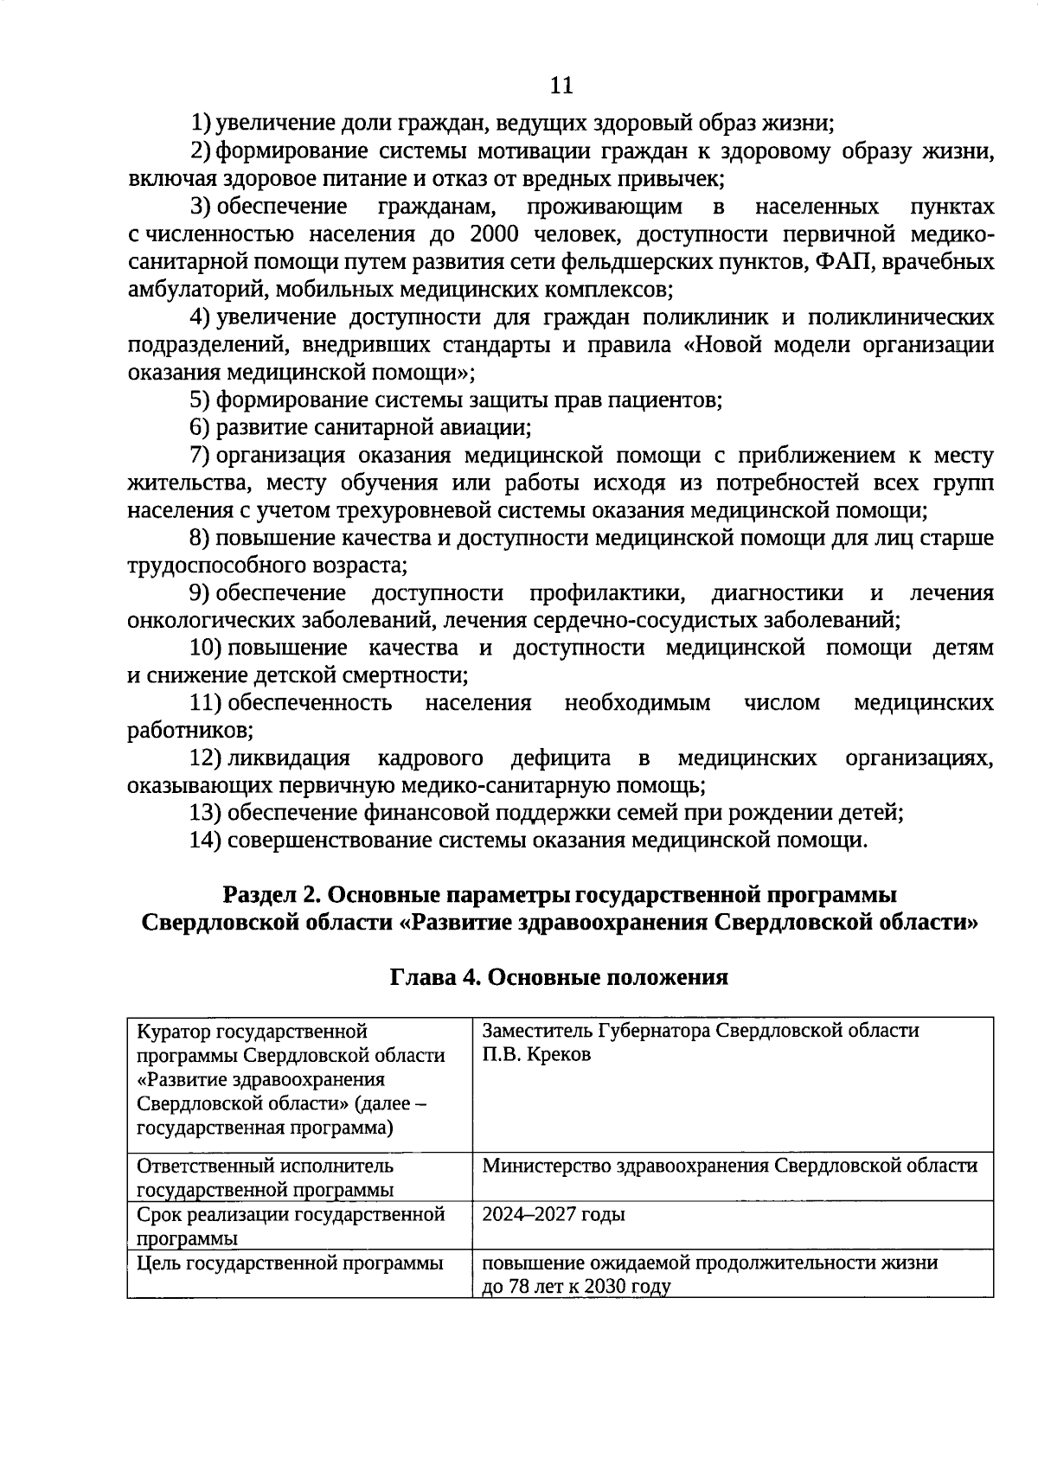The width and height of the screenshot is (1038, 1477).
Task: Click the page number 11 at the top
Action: [561, 85]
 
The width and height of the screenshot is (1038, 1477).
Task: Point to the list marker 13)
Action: [205, 813]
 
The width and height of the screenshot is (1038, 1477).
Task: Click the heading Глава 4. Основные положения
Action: [560, 977]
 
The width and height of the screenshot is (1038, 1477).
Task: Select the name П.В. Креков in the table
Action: [536, 1055]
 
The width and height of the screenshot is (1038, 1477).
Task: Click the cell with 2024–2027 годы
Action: [553, 1214]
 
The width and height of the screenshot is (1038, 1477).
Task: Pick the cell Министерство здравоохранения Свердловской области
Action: [729, 1165]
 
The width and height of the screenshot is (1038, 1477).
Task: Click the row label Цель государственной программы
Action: [290, 1263]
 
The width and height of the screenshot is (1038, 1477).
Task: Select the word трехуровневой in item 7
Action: [378, 510]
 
